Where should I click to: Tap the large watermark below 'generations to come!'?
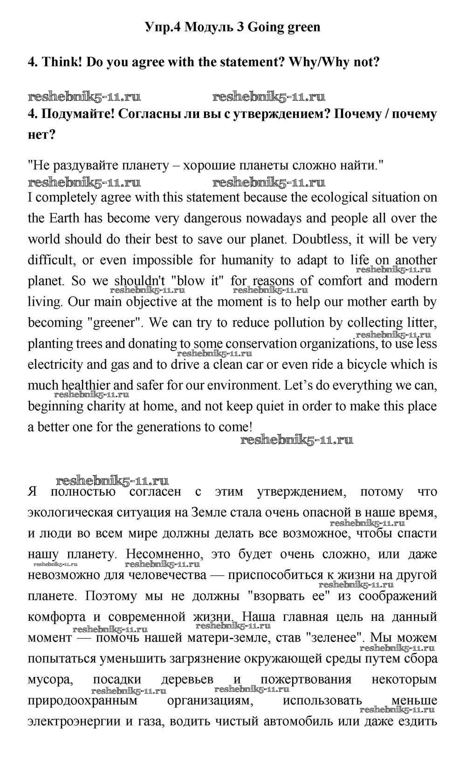click(x=296, y=440)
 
